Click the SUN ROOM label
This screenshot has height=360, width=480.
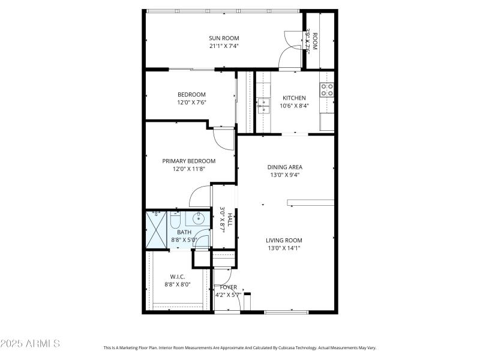pyautogui.click(x=224, y=38)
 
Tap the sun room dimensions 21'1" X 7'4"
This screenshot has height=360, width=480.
pyautogui.click(x=224, y=46)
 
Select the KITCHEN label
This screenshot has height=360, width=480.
pyautogui.click(x=294, y=98)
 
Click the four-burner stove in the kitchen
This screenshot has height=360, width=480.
pyautogui.click(x=327, y=90)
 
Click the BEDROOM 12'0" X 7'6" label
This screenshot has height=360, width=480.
pyautogui.click(x=191, y=98)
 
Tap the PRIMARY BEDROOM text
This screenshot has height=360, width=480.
pyautogui.click(x=189, y=161)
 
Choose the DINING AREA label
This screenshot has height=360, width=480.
pyautogui.click(x=284, y=167)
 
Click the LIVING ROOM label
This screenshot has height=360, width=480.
pyautogui.click(x=284, y=240)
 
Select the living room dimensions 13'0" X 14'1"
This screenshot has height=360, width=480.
pyautogui.click(x=284, y=248)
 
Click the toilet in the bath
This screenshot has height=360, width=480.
pyautogui.click(x=176, y=220)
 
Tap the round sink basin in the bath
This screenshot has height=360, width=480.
pyautogui.click(x=199, y=218)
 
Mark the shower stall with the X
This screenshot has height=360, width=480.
pyautogui.click(x=157, y=229)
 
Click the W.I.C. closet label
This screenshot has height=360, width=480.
pyautogui.click(x=178, y=277)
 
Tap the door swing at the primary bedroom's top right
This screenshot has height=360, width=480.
pyautogui.click(x=223, y=139)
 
